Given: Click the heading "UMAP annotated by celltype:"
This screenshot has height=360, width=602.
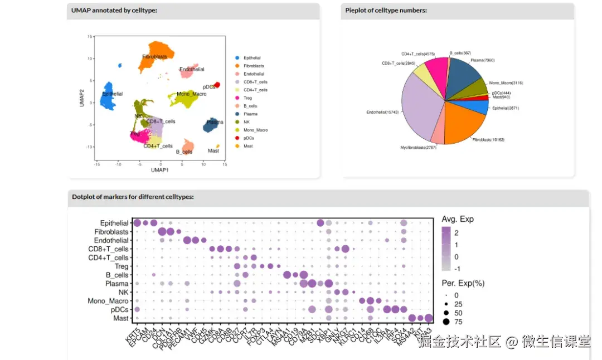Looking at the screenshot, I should click(114, 11).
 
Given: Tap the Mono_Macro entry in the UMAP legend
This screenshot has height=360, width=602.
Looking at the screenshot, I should click(255, 130).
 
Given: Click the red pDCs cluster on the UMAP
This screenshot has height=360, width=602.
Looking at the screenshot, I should click(217, 85).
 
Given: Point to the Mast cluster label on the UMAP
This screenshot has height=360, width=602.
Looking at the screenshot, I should click(213, 150).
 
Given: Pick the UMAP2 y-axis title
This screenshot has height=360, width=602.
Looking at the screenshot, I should click(81, 98).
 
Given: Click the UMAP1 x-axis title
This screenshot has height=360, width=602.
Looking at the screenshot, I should click(160, 169).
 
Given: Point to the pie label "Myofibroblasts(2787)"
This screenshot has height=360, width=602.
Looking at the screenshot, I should click(419, 148).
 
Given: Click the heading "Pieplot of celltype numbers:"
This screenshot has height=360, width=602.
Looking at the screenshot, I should click(386, 11).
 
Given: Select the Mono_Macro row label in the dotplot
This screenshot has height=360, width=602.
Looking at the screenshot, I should click(108, 301).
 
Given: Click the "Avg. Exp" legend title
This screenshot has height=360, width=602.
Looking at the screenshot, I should click(457, 219).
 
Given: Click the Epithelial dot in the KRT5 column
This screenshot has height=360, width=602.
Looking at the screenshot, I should click(137, 223).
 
